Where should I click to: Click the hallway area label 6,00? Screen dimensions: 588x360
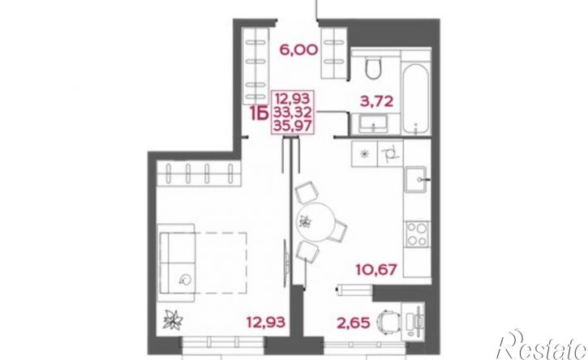[x=299, y=49]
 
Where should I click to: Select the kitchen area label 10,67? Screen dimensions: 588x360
[x=376, y=269]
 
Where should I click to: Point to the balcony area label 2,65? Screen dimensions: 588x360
[x=354, y=322]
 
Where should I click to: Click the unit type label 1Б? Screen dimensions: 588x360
[x=259, y=114]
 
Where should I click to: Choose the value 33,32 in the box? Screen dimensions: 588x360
[x=293, y=112]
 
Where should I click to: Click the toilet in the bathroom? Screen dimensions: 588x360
[x=373, y=66]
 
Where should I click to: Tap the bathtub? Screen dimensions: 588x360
[x=415, y=99]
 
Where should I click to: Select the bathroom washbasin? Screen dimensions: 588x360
[x=373, y=124]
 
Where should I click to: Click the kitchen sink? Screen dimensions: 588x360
[x=416, y=179]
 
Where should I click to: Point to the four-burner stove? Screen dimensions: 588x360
[x=417, y=234]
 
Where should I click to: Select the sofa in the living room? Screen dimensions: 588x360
[x=176, y=263]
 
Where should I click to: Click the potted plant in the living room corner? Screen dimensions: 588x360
[x=173, y=320]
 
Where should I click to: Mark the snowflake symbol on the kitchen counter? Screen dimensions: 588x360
[x=363, y=154]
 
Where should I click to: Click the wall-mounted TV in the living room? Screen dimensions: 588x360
[x=286, y=259]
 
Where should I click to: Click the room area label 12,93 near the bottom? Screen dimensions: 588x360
[x=266, y=322]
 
